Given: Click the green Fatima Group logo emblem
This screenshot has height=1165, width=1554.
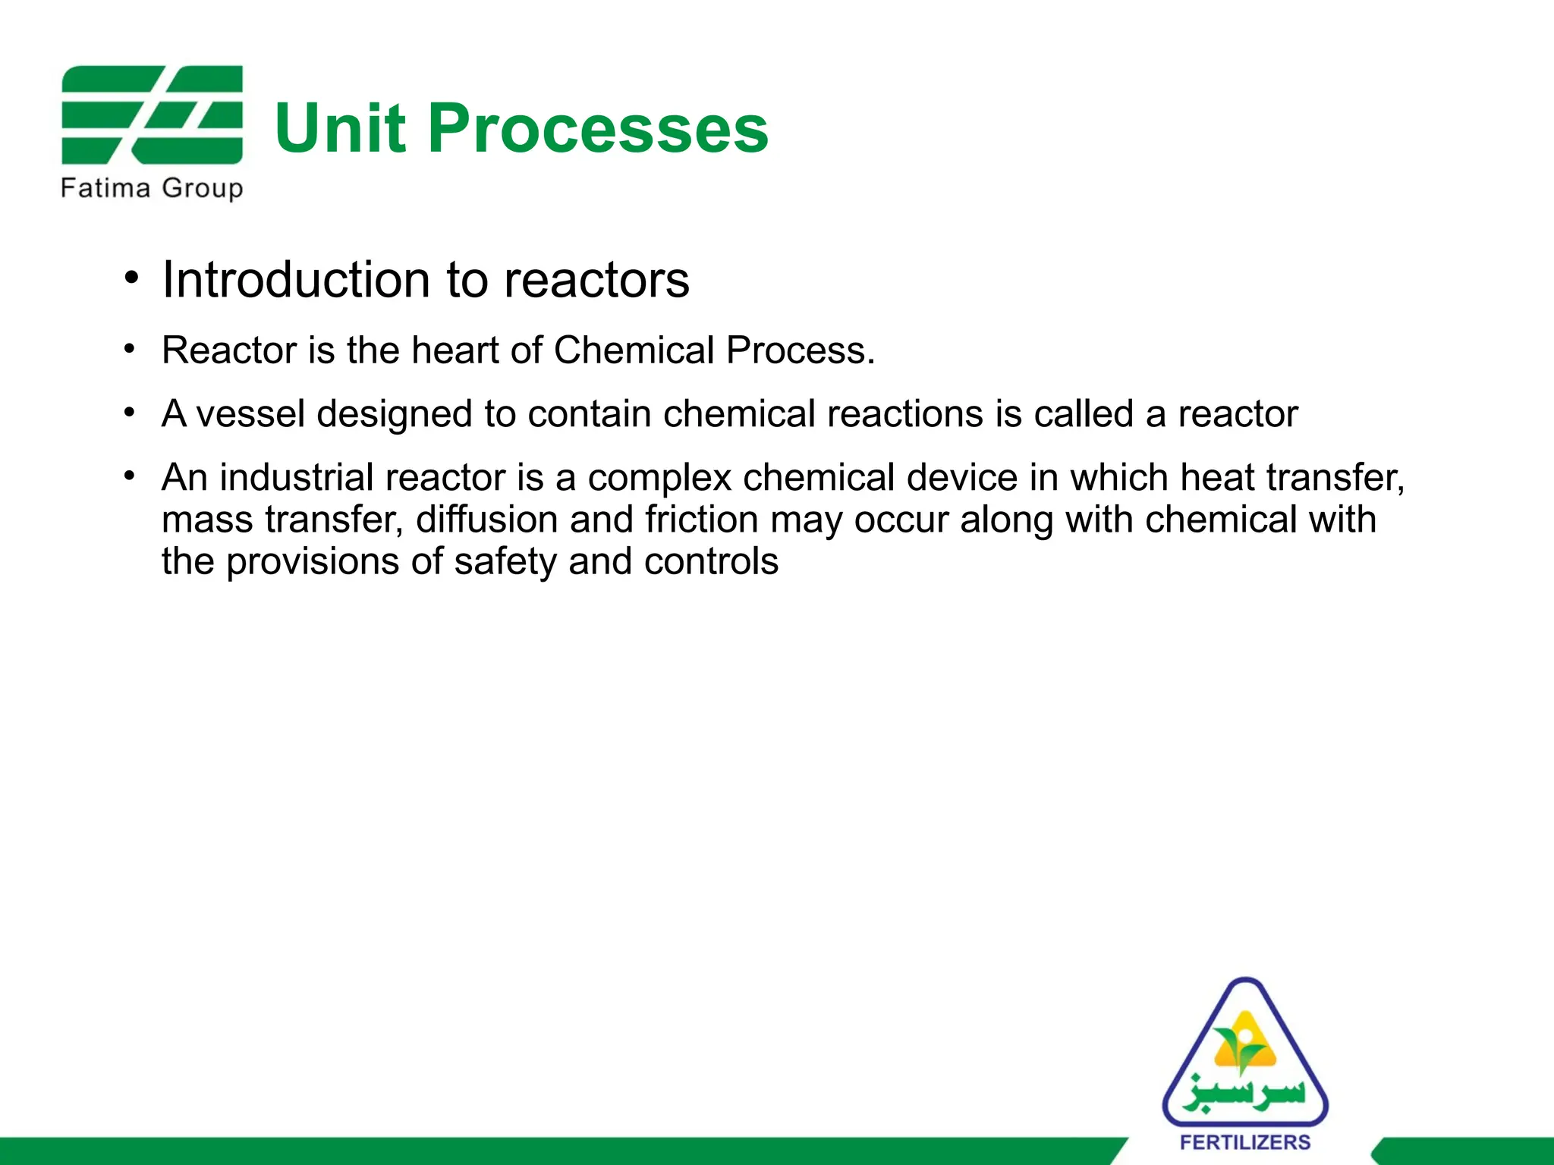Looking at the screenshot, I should [152, 115].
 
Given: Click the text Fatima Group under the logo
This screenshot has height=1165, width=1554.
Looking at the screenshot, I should [152, 187].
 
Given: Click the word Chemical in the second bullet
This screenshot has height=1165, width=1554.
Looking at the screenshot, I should [634, 350].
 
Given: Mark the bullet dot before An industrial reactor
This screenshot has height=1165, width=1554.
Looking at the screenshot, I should [131, 476].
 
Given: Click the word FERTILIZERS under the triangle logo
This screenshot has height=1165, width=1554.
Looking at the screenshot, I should [1245, 1142].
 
